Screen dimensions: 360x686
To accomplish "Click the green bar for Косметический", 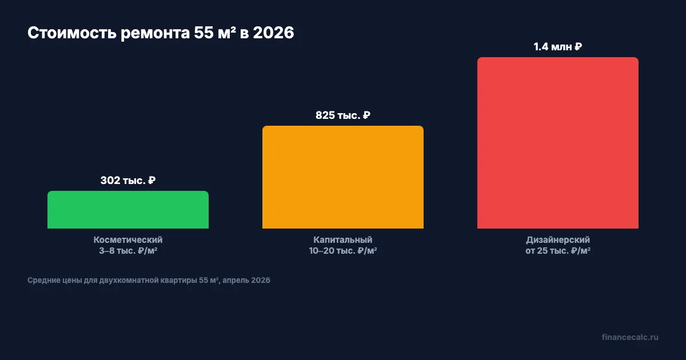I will pyautogui.click(x=128, y=210).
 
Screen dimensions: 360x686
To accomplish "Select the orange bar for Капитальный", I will pyautogui.click(x=343, y=177).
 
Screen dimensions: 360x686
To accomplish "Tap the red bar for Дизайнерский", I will pyautogui.click(x=558, y=143).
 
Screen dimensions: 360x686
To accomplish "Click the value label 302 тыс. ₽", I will pyautogui.click(x=128, y=181).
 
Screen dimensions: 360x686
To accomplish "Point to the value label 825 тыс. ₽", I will pyautogui.click(x=343, y=115).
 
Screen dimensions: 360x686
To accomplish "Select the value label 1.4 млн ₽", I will pyautogui.click(x=558, y=47).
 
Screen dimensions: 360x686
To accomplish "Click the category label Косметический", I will pyautogui.click(x=128, y=240).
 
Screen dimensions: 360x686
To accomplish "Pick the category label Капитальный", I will pyautogui.click(x=343, y=240).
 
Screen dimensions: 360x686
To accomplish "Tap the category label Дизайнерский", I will pyautogui.click(x=558, y=240).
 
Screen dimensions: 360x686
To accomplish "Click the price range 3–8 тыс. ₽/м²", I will pyautogui.click(x=128, y=251).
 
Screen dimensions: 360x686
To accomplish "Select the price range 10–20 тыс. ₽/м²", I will pyautogui.click(x=343, y=251).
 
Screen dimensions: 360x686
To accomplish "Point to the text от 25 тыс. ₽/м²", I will pyautogui.click(x=558, y=251).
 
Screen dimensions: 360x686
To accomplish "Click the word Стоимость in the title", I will pyautogui.click(x=71, y=33).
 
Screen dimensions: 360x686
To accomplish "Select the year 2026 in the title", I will pyautogui.click(x=273, y=33).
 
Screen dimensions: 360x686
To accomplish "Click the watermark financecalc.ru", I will pyautogui.click(x=630, y=337).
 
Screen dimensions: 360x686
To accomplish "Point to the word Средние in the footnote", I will pyautogui.click(x=42, y=281).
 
